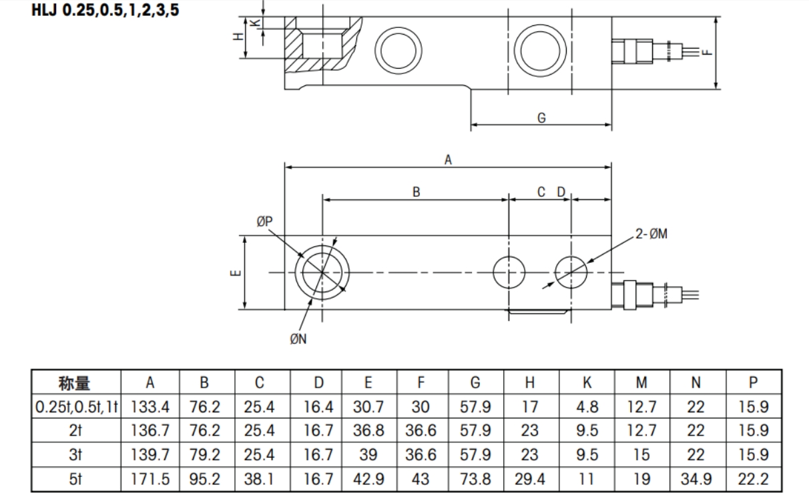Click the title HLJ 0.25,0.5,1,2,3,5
[105, 11]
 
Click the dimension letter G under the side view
[541, 117]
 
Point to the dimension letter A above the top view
[448, 159]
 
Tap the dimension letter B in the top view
[416, 192]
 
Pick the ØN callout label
[298, 339]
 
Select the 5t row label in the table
[75, 480]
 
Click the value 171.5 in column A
[150, 480]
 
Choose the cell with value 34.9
[696, 480]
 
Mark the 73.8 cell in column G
[475, 480]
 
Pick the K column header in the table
[587, 383]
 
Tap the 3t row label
[75, 456]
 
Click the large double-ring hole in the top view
[322, 272]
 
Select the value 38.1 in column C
[259, 480]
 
